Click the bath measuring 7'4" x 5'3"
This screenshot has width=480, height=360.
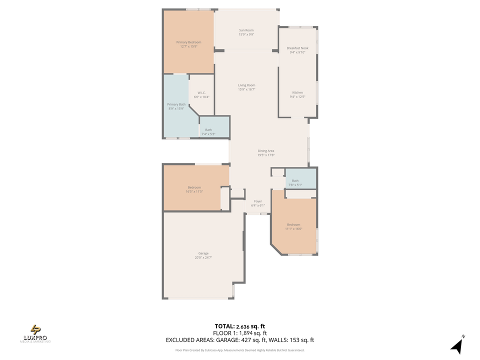(x=208, y=132)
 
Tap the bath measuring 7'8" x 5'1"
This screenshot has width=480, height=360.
(x=295, y=182)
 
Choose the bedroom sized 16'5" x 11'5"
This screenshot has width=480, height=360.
(x=194, y=189)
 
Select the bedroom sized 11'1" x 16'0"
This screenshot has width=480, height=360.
(x=293, y=226)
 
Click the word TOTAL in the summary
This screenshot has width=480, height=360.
(x=225, y=326)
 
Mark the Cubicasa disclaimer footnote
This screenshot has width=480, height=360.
(x=239, y=350)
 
